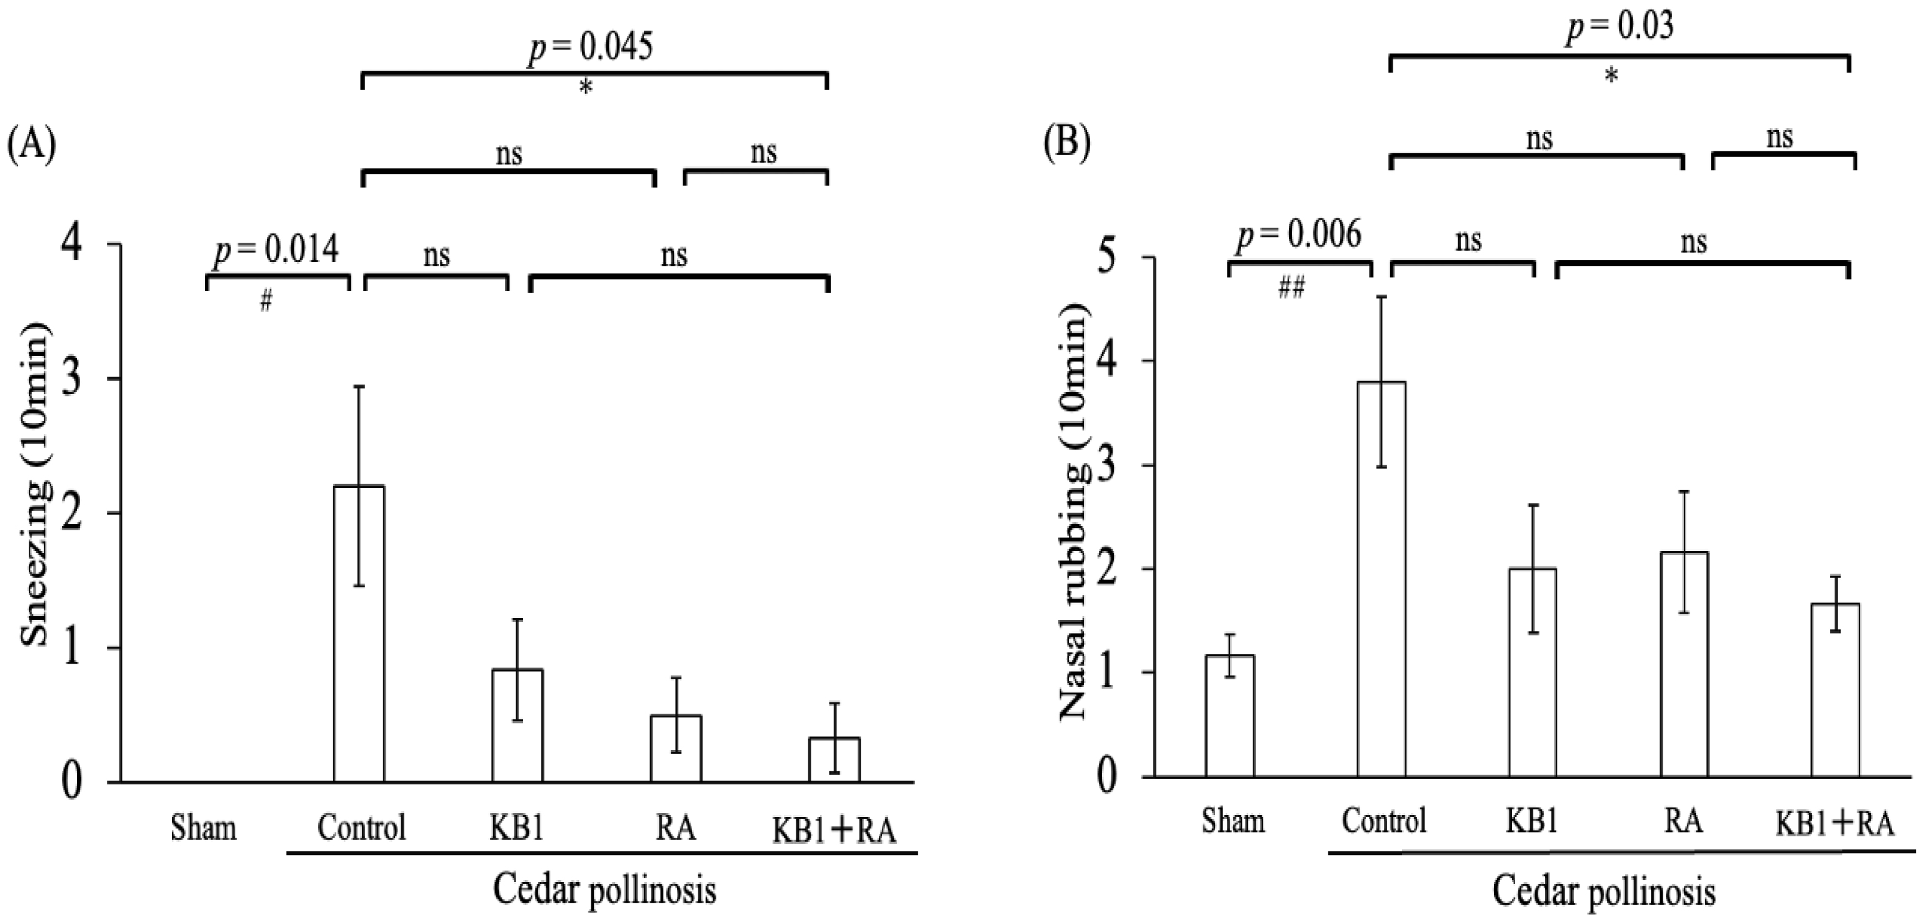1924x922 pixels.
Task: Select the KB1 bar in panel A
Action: pos(517,725)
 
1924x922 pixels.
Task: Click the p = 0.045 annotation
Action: pos(590,46)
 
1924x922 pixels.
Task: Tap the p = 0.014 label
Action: pos(276,250)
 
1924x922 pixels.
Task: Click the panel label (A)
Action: pos(31,143)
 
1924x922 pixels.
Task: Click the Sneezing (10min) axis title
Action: pos(35,485)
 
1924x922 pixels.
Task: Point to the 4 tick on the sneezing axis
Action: pos(72,245)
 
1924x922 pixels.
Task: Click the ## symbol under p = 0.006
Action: pos(1291,288)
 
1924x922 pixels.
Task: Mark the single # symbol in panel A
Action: pos(266,301)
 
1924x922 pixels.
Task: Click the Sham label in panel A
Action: pos(203,828)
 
